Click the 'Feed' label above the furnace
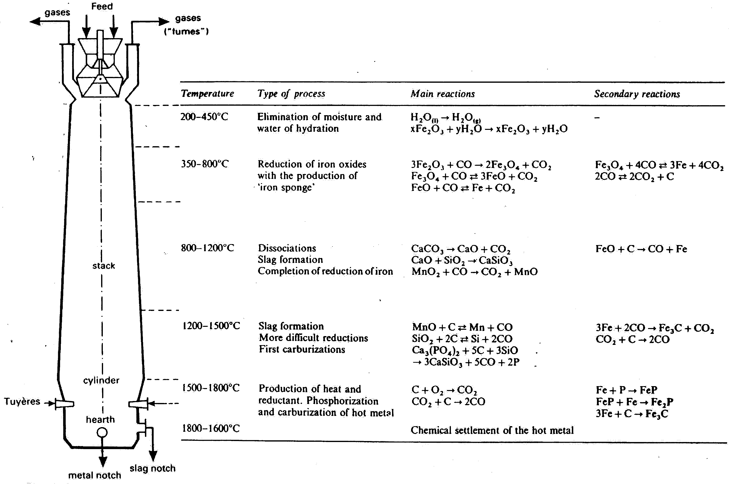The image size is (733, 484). pyautogui.click(x=102, y=7)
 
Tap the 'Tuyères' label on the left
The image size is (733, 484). pyautogui.click(x=22, y=401)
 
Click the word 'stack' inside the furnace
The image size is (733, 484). pyautogui.click(x=104, y=266)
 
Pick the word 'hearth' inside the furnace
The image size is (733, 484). pyautogui.click(x=100, y=420)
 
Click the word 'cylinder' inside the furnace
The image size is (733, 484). pyautogui.click(x=101, y=380)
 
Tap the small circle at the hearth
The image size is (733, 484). pyautogui.click(x=102, y=433)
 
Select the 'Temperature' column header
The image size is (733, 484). pyautogui.click(x=207, y=93)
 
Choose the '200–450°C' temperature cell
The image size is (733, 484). pyautogui.click(x=204, y=117)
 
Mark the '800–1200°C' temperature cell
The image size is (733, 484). pyautogui.click(x=207, y=248)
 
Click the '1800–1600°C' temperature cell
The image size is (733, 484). pyautogui.click(x=211, y=428)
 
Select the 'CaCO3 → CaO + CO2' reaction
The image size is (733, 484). pyautogui.click(x=461, y=249)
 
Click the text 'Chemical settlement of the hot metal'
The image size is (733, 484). pyautogui.click(x=492, y=430)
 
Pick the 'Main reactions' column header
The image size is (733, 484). pyautogui.click(x=443, y=94)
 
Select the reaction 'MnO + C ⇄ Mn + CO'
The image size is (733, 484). pyautogui.click(x=462, y=327)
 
